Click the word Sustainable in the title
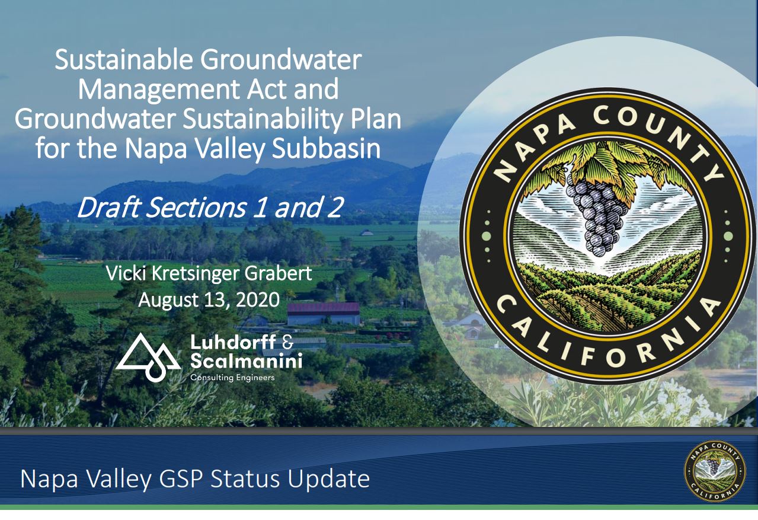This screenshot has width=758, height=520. click(x=124, y=60)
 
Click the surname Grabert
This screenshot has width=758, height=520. click(x=278, y=273)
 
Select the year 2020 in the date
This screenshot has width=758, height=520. click(x=258, y=299)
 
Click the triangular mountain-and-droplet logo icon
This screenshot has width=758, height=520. click(x=149, y=357)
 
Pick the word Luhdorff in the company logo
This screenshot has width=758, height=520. click(x=233, y=342)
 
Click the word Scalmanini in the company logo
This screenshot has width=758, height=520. click(x=246, y=361)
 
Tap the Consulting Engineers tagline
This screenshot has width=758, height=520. click(x=232, y=378)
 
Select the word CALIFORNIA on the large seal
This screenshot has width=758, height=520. click(x=608, y=335)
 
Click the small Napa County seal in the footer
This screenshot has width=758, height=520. click(x=715, y=471)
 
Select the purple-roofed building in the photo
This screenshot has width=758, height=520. click(x=323, y=314)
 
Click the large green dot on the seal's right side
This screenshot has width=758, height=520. click(x=728, y=236)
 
